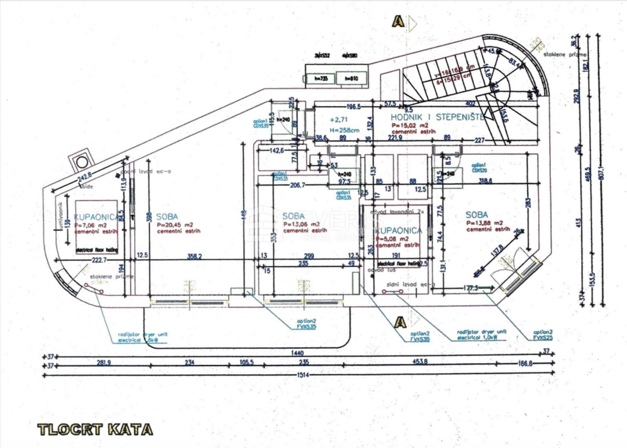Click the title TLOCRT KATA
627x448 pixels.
tap(96, 430)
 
